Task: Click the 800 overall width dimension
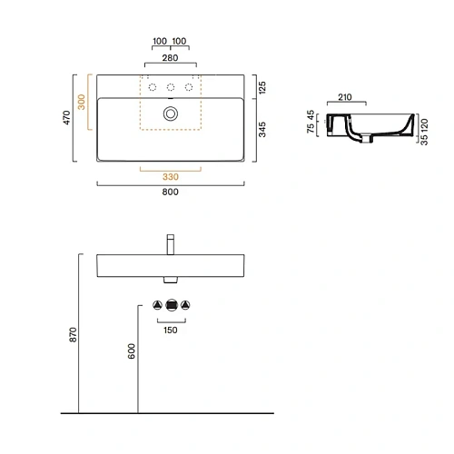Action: click(170, 192)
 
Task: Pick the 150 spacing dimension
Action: click(170, 331)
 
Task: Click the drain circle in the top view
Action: click(170, 113)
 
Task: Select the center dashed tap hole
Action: click(170, 87)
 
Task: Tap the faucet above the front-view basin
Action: click(170, 244)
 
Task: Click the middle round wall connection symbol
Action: click(170, 305)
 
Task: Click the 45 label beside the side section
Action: click(311, 114)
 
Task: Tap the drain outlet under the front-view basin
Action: click(170, 280)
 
